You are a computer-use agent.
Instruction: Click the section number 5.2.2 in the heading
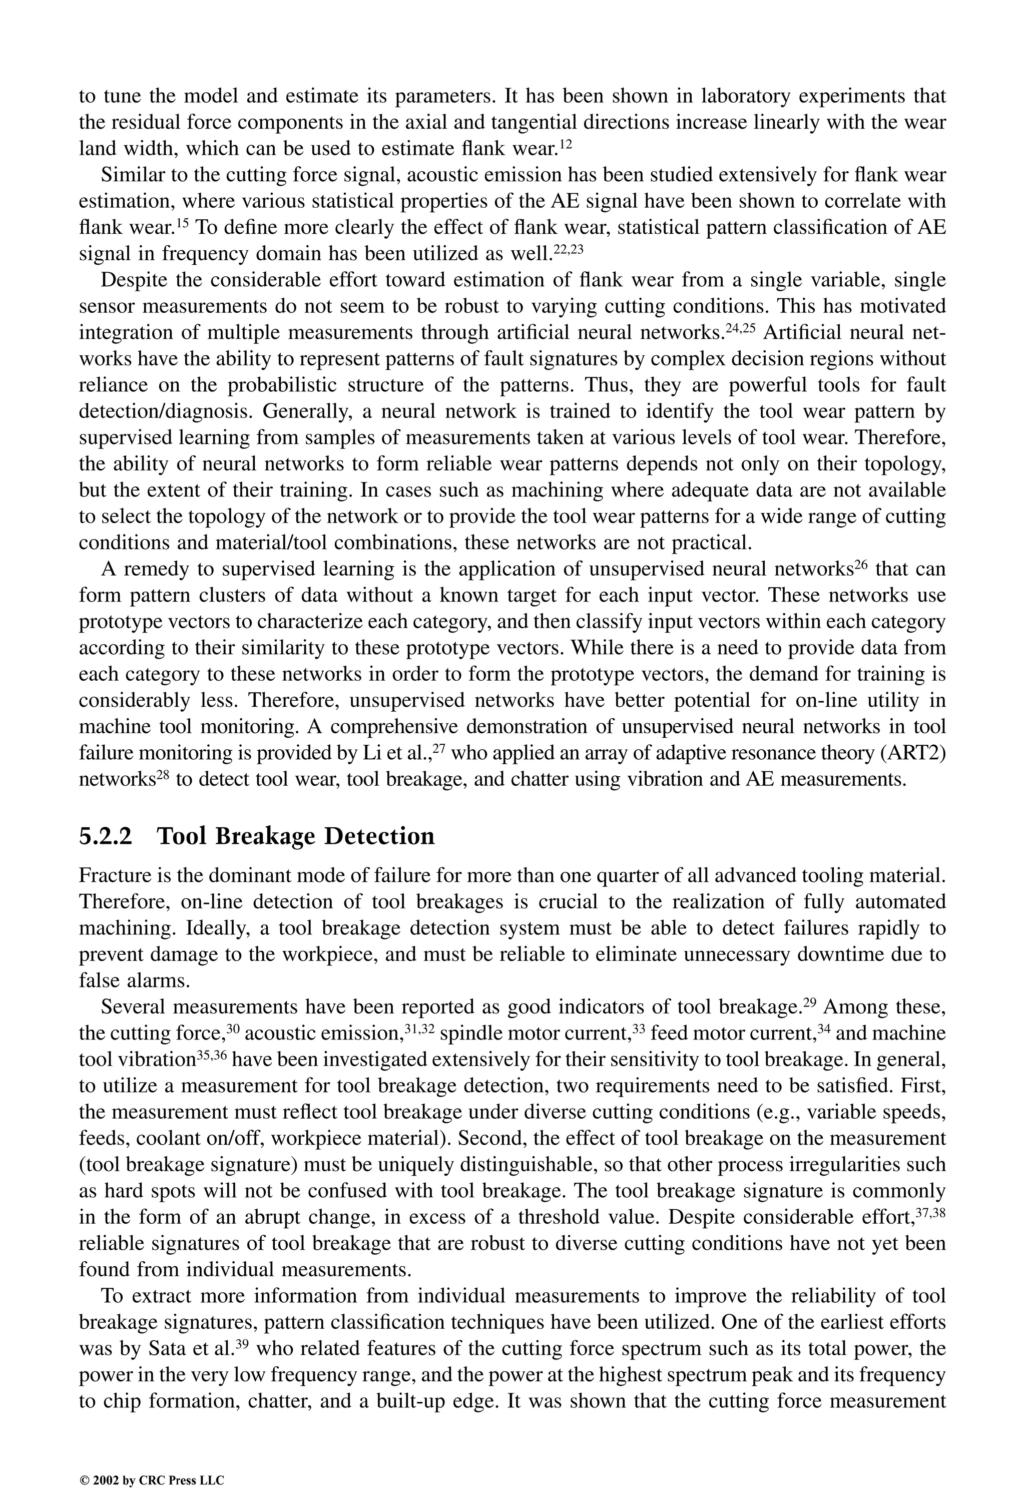coord(105,837)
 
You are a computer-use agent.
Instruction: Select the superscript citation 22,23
coord(568,249)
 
